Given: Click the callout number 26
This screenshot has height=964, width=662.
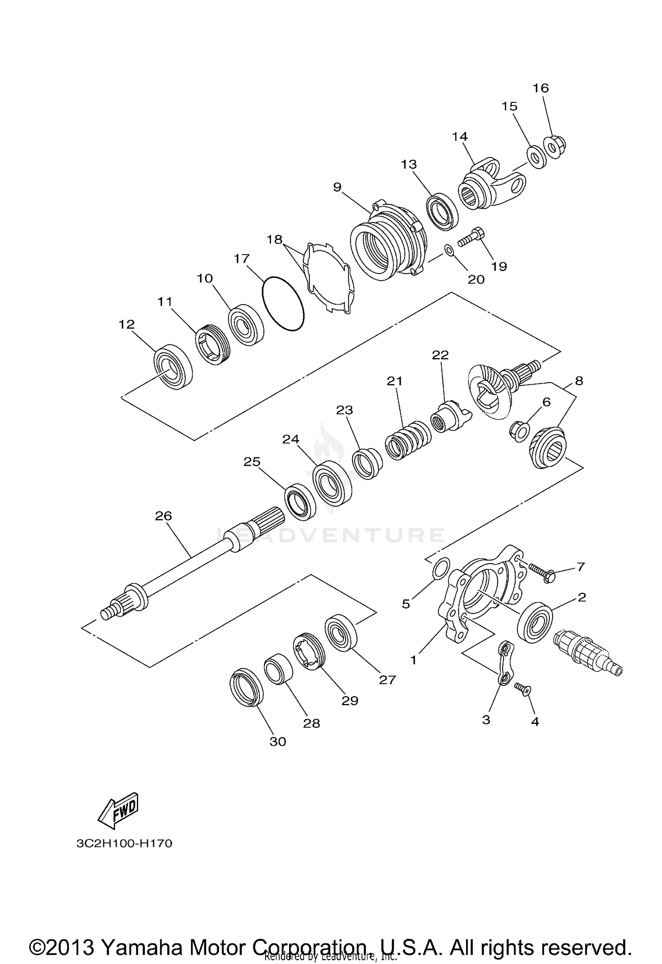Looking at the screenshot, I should click(x=163, y=516).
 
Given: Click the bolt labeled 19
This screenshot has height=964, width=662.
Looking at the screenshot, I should click(x=470, y=237).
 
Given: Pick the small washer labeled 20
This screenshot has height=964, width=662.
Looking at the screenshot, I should click(x=448, y=251).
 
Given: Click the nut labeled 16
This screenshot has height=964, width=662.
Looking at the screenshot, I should click(x=554, y=146).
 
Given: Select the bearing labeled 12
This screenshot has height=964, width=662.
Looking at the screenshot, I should click(x=173, y=366).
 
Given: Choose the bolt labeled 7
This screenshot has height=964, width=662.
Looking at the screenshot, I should click(x=541, y=572).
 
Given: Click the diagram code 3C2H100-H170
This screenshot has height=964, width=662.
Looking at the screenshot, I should click(x=124, y=843).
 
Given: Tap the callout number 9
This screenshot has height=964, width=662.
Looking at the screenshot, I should click(x=337, y=187).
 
